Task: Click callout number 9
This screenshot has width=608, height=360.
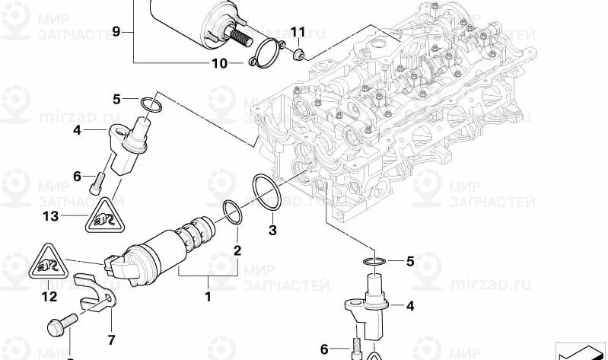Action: point(116,31)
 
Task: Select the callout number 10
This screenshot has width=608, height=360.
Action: point(219,63)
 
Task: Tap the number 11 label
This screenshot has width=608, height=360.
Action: point(297,32)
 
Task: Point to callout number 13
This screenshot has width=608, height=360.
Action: point(50,216)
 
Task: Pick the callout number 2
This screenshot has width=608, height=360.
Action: point(237,250)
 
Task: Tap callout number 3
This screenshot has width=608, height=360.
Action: point(272,229)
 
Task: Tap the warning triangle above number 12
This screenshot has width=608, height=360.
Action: point(49,263)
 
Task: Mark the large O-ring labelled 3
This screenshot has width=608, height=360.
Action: point(266,193)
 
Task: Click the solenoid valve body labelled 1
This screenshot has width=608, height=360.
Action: point(164,247)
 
